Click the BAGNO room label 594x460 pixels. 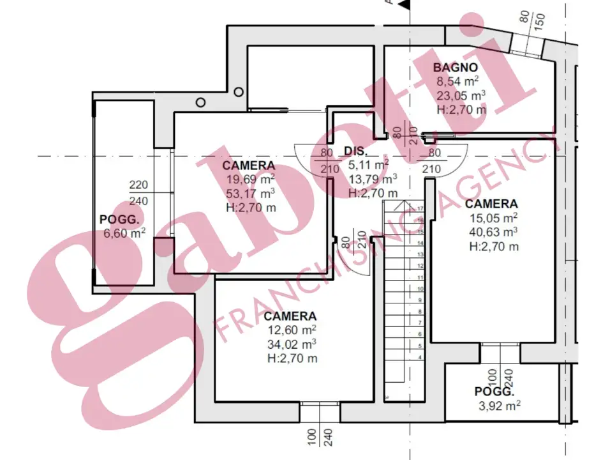[x=456, y=68]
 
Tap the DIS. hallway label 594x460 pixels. [x=355, y=152]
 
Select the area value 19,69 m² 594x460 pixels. [x=249, y=179]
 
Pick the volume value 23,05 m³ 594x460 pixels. [x=461, y=96]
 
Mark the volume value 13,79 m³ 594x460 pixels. [x=372, y=178]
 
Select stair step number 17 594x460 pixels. [x=420, y=209]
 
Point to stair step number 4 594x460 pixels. [x=420, y=357]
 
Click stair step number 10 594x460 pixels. [x=420, y=288]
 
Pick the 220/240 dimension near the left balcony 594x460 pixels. [x=138, y=192]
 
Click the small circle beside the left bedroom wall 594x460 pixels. [x=201, y=102]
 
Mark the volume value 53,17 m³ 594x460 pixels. [x=250, y=193]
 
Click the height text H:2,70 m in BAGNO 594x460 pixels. [x=461, y=109]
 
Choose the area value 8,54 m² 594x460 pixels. [x=457, y=82]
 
